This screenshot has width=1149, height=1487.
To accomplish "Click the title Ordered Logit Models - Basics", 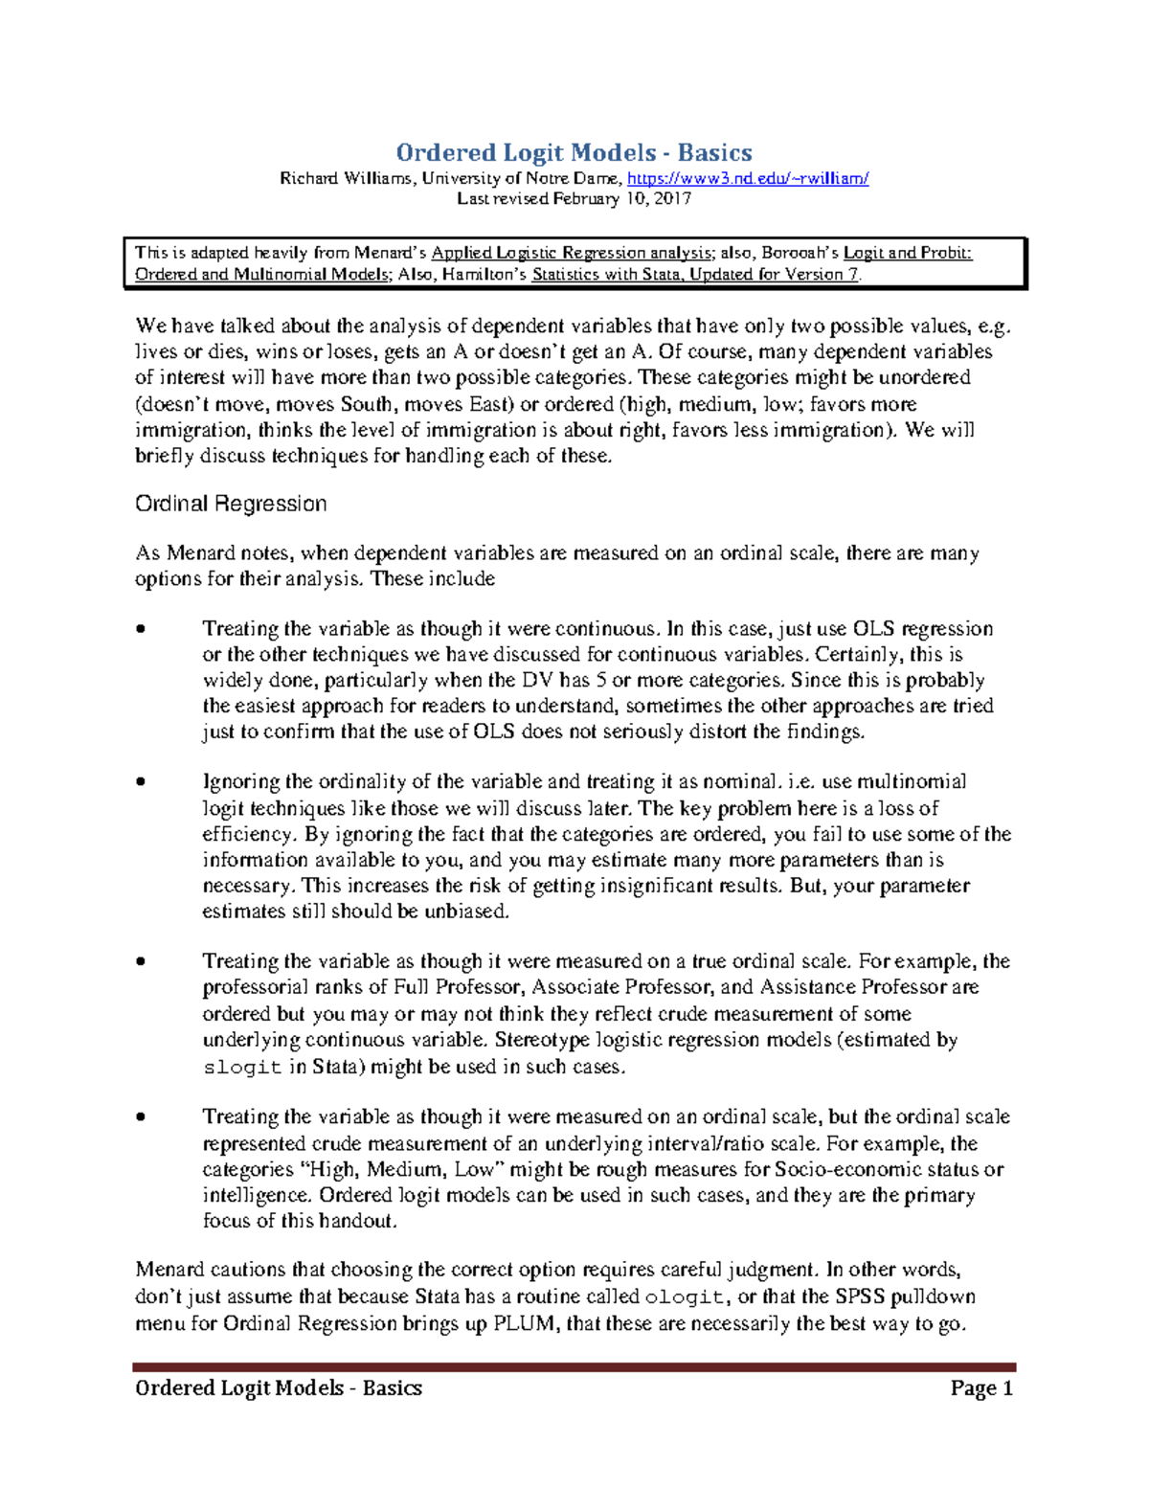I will (x=574, y=152).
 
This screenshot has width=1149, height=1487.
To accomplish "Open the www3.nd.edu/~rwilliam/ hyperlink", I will (x=747, y=178).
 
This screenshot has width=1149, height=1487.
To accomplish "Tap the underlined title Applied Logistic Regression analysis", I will (x=571, y=253).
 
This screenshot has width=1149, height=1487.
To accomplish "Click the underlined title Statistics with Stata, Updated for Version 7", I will (x=695, y=274).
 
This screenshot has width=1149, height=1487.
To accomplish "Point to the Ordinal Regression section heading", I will (x=231, y=504).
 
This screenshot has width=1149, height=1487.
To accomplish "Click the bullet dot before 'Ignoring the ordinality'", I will (x=141, y=782).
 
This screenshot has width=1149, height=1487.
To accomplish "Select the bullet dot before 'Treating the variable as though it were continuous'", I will (x=141, y=629).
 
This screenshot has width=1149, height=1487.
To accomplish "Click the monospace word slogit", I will (x=242, y=1068).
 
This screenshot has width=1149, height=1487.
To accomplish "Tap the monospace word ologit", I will (x=684, y=1297).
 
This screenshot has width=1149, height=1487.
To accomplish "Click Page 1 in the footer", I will (x=981, y=1388).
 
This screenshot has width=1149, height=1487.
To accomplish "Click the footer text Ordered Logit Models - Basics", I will (x=279, y=1388).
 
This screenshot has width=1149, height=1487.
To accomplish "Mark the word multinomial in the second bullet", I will (x=912, y=782).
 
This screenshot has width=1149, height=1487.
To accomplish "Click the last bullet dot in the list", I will (x=141, y=1117).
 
